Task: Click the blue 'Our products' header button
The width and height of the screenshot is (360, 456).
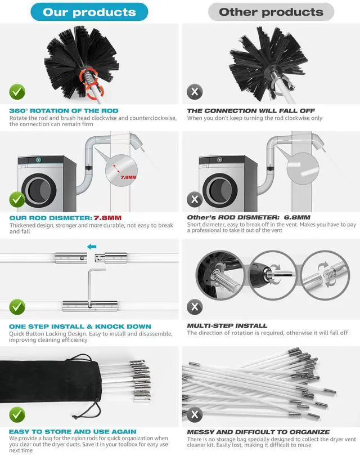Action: (89, 12)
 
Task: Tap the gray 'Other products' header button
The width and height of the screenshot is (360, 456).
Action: (271, 12)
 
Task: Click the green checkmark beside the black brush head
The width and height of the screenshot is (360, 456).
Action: (17, 92)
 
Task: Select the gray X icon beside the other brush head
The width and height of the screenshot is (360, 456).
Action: (195, 92)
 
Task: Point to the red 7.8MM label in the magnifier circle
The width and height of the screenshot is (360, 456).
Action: (128, 177)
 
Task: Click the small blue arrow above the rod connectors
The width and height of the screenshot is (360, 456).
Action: (92, 247)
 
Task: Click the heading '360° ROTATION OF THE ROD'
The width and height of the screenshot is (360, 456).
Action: (64, 111)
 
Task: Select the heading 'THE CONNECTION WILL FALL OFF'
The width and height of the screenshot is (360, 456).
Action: (251, 111)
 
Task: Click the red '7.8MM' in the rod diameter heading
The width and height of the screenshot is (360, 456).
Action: (107, 218)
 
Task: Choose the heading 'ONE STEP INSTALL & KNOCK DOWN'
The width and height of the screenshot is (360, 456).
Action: (80, 327)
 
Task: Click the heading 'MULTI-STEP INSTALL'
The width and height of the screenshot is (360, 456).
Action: (227, 325)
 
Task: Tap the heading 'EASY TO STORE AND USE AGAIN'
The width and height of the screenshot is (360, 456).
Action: (73, 432)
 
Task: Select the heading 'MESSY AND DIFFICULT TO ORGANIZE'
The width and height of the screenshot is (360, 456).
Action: (259, 432)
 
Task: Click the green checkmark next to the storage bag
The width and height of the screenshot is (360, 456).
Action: (17, 415)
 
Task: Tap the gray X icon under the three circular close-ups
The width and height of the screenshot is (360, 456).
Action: (195, 307)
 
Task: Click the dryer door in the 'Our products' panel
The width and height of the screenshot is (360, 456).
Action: (39, 190)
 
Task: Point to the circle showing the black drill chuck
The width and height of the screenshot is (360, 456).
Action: (273, 275)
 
